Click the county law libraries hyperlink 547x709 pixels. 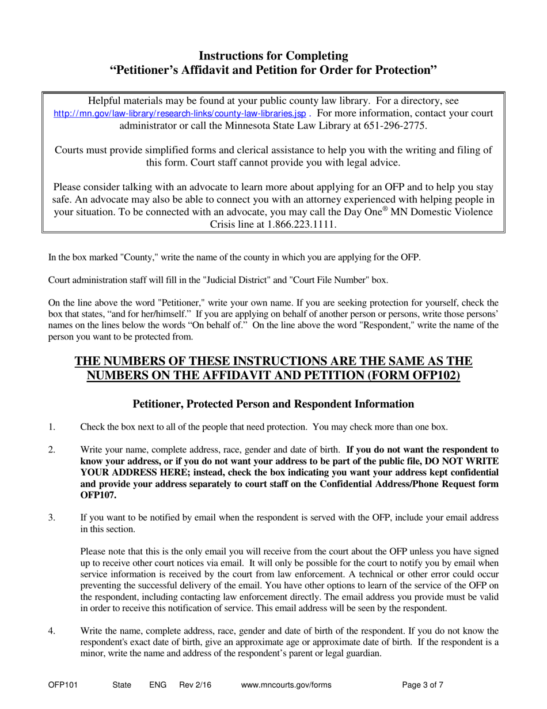pos(180,114)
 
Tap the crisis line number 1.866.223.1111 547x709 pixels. pos(302,225)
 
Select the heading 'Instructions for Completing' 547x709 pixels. pos(273,56)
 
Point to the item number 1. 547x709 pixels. pos(51,427)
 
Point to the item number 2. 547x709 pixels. pos(52,450)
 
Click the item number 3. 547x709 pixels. pos(52,518)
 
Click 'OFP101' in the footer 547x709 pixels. pos(63,685)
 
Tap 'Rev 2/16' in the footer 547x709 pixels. pos(195,685)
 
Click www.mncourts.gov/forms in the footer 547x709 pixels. pos(286,685)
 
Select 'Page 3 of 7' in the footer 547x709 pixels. pos(423,685)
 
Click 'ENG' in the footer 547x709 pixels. pos(158,685)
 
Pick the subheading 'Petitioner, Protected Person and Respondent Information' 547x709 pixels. pos(273,404)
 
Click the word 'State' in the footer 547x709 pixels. pos(122,685)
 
